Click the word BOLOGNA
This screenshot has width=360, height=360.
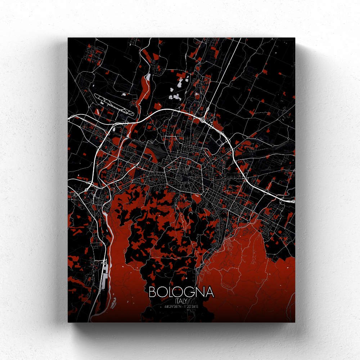[x=181, y=292]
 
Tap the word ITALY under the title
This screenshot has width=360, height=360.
[x=181, y=301]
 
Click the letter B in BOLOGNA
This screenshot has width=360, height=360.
[x=152, y=292]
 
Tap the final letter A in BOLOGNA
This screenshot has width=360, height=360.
[x=210, y=292]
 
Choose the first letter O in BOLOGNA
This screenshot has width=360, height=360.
[x=161, y=292]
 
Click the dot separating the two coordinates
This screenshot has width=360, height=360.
[x=182, y=307]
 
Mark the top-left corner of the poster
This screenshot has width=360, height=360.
[x=68, y=38]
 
